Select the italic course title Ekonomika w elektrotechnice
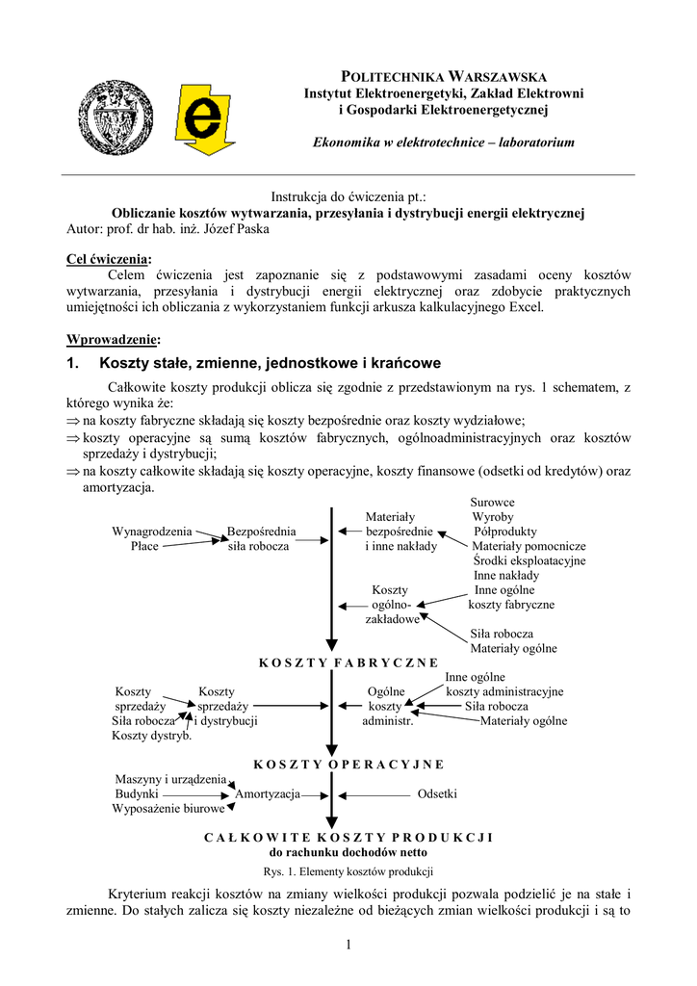tap(444, 143)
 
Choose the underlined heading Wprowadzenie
tap(112, 339)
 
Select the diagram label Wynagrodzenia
tap(151, 531)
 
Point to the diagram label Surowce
tap(492, 503)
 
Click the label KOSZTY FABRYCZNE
tap(348, 662)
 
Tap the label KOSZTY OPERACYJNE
tap(348, 764)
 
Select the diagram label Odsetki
tap(436, 794)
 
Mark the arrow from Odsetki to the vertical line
tap(375, 795)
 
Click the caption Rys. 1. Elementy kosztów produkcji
tap(348, 871)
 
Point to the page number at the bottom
tap(348, 945)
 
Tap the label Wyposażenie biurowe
tap(168, 809)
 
